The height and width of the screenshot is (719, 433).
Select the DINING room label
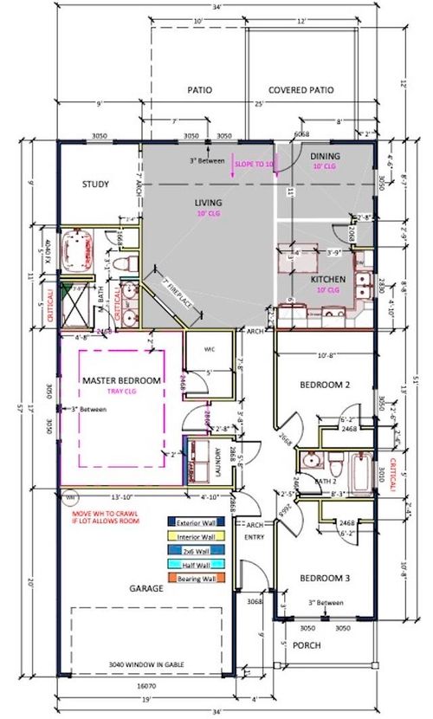[x=326, y=156]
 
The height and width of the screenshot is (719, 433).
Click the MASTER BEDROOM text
[x=122, y=380]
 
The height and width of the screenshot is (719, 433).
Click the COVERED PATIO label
[x=301, y=90]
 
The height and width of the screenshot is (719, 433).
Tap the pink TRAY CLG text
[x=123, y=392]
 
